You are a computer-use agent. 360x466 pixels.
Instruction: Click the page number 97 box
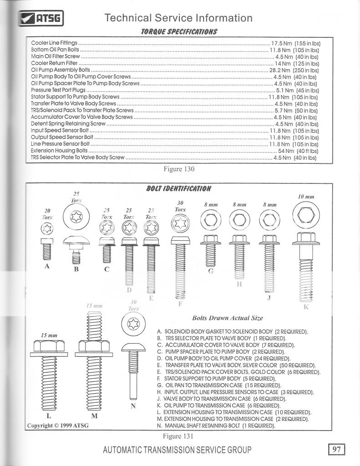coord(336,450)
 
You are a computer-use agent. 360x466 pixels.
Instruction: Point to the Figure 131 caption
coord(179,436)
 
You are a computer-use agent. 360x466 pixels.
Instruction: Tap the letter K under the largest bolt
coord(306,307)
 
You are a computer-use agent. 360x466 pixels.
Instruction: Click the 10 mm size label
coord(306,197)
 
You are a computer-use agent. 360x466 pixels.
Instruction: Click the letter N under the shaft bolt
coord(133,406)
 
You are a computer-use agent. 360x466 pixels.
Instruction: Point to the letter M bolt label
coord(94,416)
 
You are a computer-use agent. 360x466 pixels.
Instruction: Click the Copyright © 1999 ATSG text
coord(58,425)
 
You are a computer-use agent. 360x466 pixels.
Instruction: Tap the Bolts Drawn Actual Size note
coord(228,318)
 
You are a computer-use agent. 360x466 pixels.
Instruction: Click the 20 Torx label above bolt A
coord(47,214)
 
